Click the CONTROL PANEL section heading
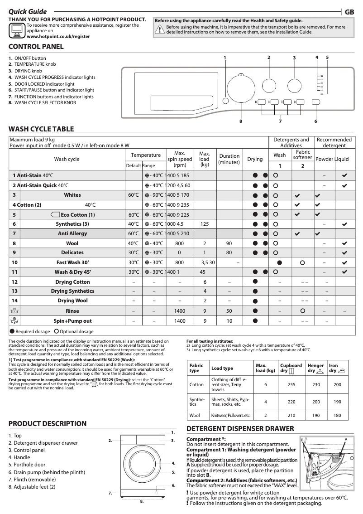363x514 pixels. [36, 47]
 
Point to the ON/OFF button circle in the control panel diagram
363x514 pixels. [225, 100]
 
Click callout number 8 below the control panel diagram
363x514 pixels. [241, 121]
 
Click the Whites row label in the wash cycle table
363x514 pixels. [72, 195]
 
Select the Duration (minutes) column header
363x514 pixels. [229, 159]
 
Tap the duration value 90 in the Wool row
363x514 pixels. [229, 243]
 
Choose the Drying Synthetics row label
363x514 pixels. [72, 291]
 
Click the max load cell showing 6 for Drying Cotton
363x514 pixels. [205, 282]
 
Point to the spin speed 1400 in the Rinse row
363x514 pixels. [179, 311]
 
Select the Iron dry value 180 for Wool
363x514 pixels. [337, 415]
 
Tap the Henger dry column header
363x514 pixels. [315, 368]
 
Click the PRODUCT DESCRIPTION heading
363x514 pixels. [48, 424]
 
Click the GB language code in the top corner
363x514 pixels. [349, 12]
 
